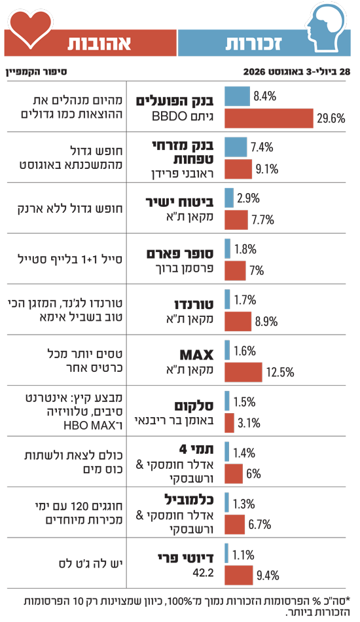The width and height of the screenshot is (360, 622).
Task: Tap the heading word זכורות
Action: pos(254,43)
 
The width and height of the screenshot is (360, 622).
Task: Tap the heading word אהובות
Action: pos(99,43)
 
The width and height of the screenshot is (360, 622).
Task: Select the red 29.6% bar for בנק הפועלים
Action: pos(269,119)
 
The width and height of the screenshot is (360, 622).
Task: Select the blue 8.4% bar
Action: pos(237,96)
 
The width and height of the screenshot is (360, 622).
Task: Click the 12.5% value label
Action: pos(280,372)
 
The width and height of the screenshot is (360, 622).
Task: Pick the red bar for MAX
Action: pos(243,372)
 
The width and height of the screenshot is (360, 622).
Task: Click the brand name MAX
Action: pos(196,354)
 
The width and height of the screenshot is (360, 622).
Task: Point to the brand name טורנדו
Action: pos(194,304)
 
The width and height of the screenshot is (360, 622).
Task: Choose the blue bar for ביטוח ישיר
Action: pos(229,198)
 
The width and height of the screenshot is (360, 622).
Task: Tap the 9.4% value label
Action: pos(268,576)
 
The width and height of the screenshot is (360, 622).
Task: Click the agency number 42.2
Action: pos(203,572)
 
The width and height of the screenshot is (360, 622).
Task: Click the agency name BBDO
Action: pos(170,116)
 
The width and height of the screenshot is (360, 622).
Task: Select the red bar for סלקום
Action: pos(230,423)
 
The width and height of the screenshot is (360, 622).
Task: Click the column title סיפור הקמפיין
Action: pos(36,72)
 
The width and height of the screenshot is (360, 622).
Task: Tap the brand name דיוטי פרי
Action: pos(185,558)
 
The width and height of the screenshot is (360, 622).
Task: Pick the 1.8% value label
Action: pos(245,249)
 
